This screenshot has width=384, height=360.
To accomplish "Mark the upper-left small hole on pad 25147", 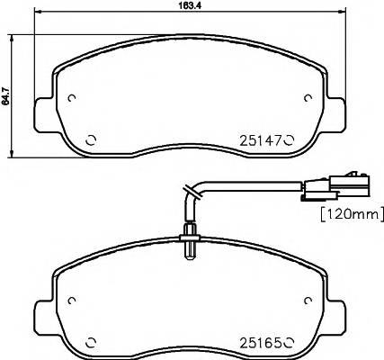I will (x=73, y=99).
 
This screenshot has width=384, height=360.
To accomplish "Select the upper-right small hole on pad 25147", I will (x=307, y=99).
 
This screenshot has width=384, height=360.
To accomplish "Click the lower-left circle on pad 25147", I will (x=90, y=139).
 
